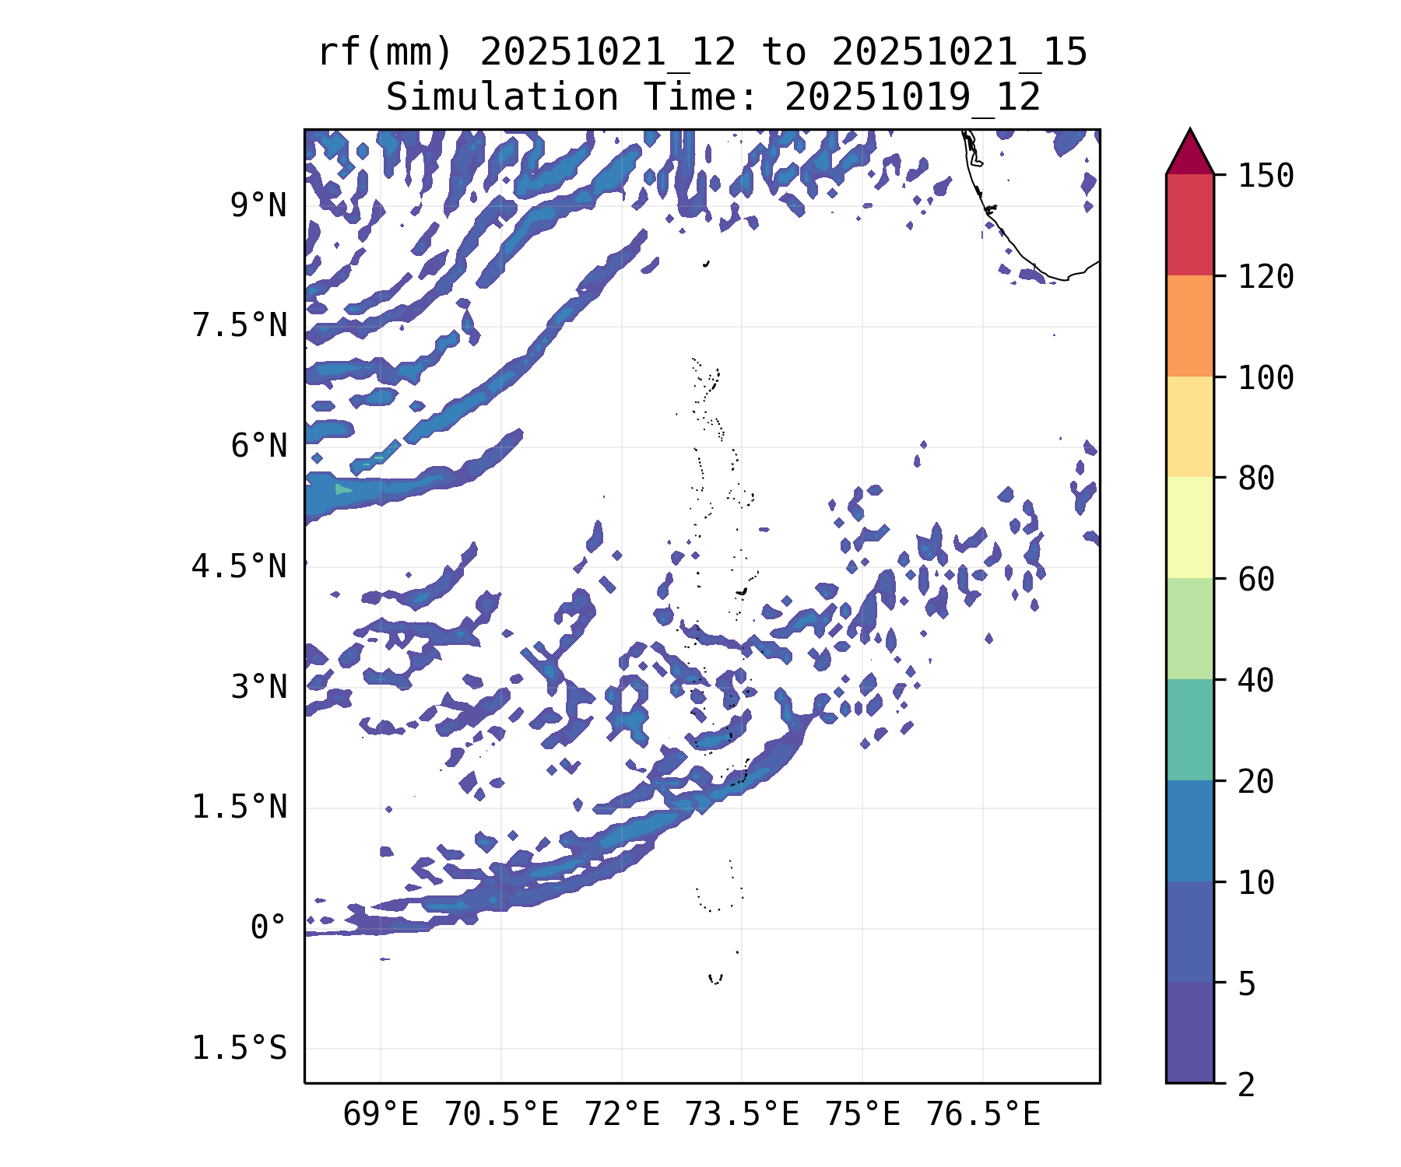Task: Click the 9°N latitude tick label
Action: [x=258, y=206]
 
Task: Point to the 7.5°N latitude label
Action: [x=240, y=326]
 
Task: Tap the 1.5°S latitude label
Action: [x=240, y=1048]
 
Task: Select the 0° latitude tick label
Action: [x=269, y=927]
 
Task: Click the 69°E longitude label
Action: [x=381, y=1115]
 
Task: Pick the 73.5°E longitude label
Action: [x=742, y=1115]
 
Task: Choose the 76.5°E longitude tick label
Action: [x=983, y=1115]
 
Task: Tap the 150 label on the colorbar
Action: [x=1266, y=176]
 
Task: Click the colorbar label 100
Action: [x=1266, y=378]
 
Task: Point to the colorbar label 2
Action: [x=1247, y=1085]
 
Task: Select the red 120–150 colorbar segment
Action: [x=1189, y=225]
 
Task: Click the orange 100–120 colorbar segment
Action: [x=1189, y=326]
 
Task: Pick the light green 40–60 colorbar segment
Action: [x=1189, y=629]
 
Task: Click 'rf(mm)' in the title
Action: [x=385, y=53]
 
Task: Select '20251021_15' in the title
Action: [x=959, y=53]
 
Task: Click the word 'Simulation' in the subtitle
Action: [x=502, y=98]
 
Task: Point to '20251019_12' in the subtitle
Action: [x=912, y=98]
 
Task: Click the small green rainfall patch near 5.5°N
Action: [x=343, y=489]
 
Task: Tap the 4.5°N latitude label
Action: [x=240, y=566]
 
